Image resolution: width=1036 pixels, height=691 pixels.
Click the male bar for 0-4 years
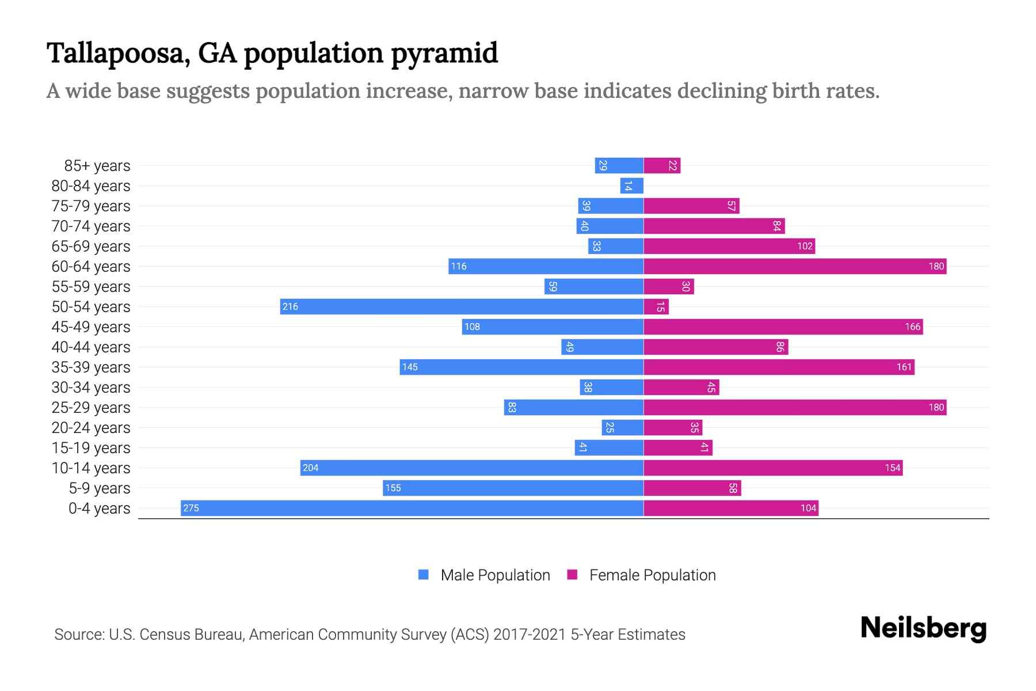(x=412, y=508)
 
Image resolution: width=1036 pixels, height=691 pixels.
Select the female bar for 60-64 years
(x=794, y=266)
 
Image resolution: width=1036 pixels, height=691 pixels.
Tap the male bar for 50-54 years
(x=462, y=306)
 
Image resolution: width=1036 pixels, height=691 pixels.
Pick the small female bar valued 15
(x=656, y=306)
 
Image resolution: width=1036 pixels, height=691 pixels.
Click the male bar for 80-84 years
(x=631, y=185)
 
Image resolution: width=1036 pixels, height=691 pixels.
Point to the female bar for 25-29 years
(x=794, y=407)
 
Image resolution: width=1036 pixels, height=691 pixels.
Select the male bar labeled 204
(x=472, y=468)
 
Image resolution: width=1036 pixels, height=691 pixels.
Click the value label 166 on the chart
(x=912, y=326)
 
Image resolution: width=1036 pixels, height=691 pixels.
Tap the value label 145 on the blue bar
(x=410, y=367)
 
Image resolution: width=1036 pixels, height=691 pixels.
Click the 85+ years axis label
(x=97, y=166)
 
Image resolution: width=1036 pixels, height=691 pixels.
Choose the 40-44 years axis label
(x=91, y=347)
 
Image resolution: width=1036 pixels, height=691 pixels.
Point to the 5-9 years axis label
(x=99, y=488)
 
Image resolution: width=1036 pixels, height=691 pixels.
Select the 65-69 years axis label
(x=91, y=246)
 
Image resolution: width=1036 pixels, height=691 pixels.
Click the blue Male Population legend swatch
(x=424, y=575)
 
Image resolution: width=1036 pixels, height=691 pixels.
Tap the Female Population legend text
(x=652, y=575)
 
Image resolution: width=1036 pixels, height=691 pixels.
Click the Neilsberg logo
(x=923, y=628)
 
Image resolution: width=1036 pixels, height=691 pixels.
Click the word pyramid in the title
(x=444, y=54)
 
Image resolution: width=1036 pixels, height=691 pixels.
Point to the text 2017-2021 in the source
(x=530, y=635)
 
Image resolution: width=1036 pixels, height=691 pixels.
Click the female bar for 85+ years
(x=662, y=165)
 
